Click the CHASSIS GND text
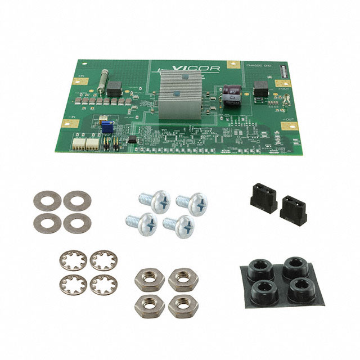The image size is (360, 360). pyautogui.click(x=259, y=66)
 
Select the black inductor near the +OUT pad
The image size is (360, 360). pyautogui.click(x=261, y=89)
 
